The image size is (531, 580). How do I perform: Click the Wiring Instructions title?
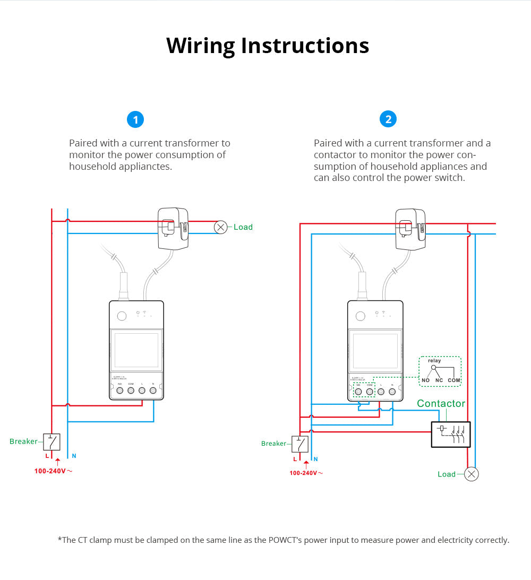pos(268,46)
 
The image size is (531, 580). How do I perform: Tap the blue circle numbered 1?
pos(135,120)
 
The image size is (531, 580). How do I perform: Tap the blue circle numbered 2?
pos(388,119)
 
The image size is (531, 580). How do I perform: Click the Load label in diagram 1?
pos(243,227)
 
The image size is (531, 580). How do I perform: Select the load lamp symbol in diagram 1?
pos(220,227)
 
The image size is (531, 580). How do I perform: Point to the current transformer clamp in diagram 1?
pos(173,228)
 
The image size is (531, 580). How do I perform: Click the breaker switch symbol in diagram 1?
pos(52,442)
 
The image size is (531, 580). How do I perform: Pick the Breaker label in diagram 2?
pos(274,444)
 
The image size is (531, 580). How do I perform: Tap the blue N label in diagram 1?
pos(74,456)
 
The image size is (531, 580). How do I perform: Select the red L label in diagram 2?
pos(295,459)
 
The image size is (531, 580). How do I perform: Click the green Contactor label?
pos(441,404)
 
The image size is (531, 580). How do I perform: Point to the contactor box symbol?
pos(450,434)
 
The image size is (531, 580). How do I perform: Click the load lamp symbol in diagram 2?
pos(471,474)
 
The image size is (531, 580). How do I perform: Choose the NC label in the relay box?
pos(439,380)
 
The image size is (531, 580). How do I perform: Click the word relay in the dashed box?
pos(434,361)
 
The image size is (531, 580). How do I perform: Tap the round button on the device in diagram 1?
pos(122,316)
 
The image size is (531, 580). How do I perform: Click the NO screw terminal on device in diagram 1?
pos(120,391)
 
